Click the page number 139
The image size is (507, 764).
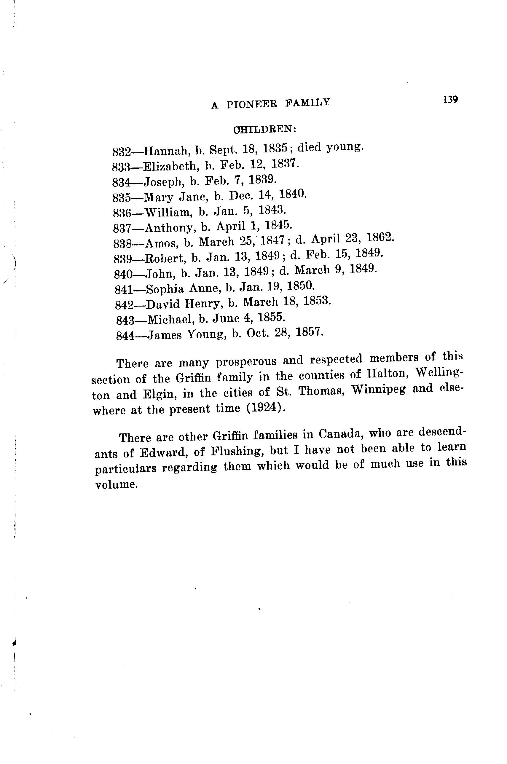click(x=450, y=99)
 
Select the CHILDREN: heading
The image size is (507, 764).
click(x=264, y=129)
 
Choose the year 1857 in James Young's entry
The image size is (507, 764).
click(x=310, y=332)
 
